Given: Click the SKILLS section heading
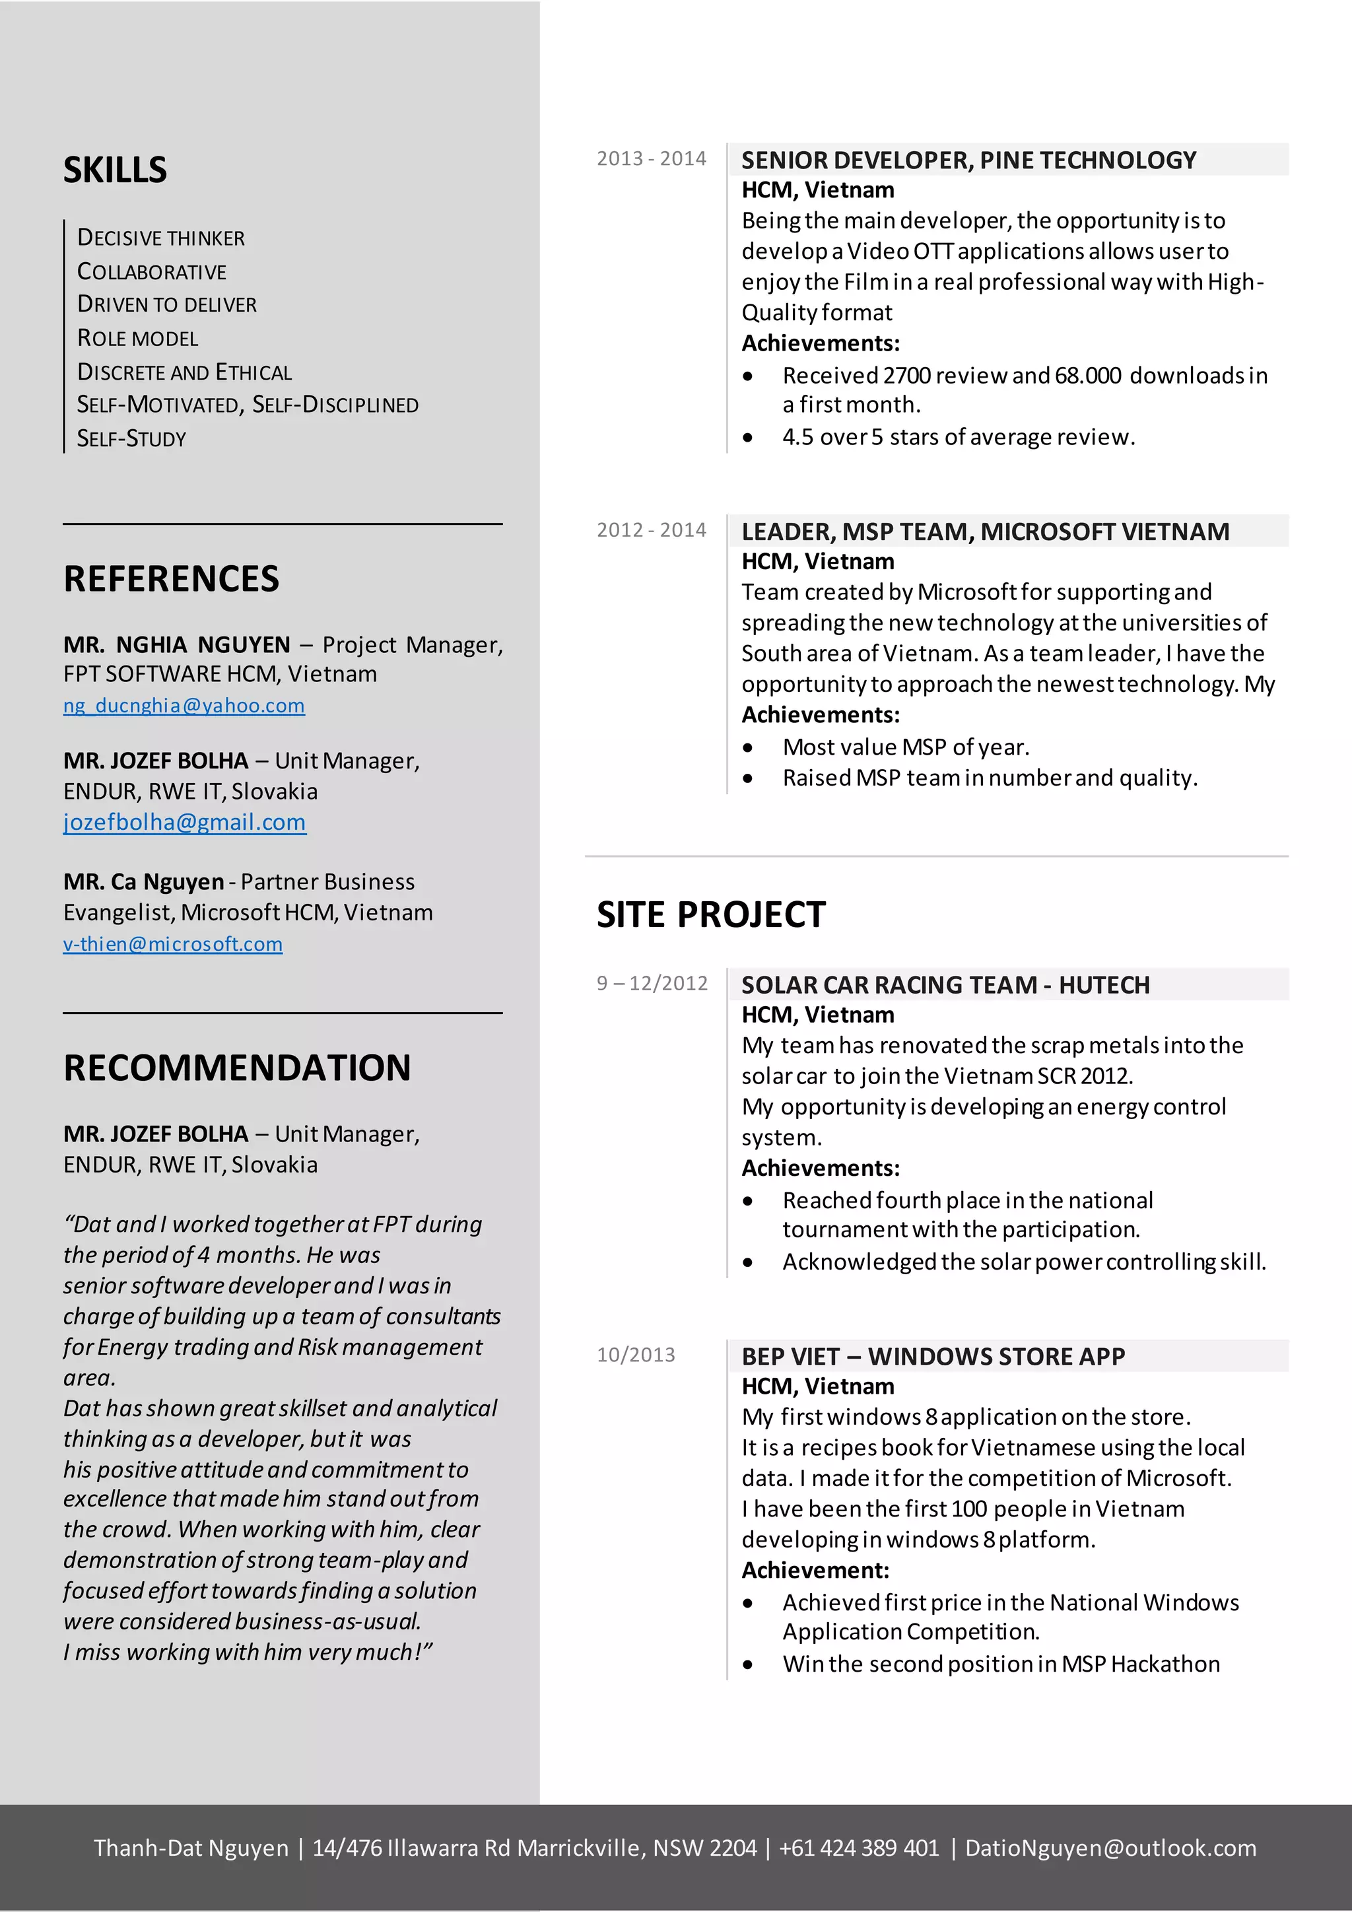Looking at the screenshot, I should [x=115, y=170].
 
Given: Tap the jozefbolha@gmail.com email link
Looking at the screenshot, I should [x=185, y=822].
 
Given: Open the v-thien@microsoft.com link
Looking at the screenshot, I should [x=173, y=943].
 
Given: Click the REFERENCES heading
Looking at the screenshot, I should [x=172, y=579].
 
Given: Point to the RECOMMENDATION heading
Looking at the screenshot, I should [x=237, y=1068].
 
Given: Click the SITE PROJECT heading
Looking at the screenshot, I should [x=711, y=914].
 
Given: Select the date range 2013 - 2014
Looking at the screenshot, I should [x=651, y=158].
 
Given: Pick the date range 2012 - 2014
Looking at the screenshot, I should [x=651, y=529].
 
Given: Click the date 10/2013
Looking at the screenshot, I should [x=636, y=1355].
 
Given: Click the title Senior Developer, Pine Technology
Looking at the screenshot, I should [x=968, y=160].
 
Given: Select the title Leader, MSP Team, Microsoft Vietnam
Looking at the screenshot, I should [x=985, y=531].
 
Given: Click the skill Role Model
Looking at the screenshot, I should [x=138, y=338].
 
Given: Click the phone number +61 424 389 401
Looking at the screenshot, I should [x=858, y=1848].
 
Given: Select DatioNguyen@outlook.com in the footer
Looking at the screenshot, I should [x=1110, y=1848].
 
